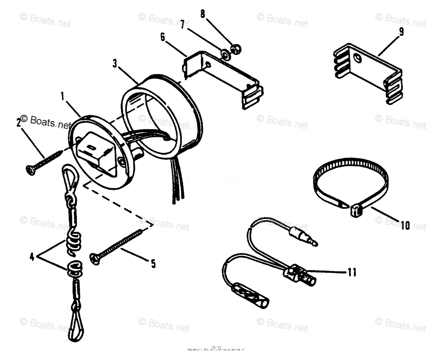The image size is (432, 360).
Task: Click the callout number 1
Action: point(62,97)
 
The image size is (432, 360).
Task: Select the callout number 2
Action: point(18,123)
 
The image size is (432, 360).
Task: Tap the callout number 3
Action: point(115,64)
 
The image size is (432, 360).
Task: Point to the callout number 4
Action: point(32,258)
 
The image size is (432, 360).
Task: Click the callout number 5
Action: point(153,264)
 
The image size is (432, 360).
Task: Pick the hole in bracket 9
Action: point(357,58)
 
